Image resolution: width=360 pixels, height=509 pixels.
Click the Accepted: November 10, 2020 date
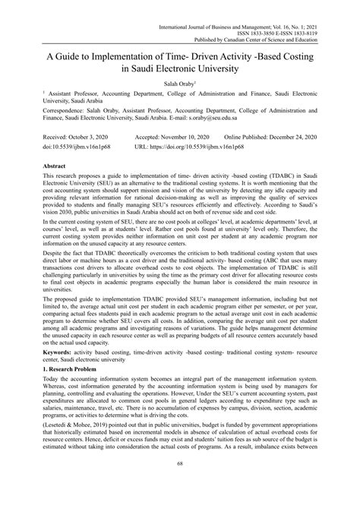point(176,133)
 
